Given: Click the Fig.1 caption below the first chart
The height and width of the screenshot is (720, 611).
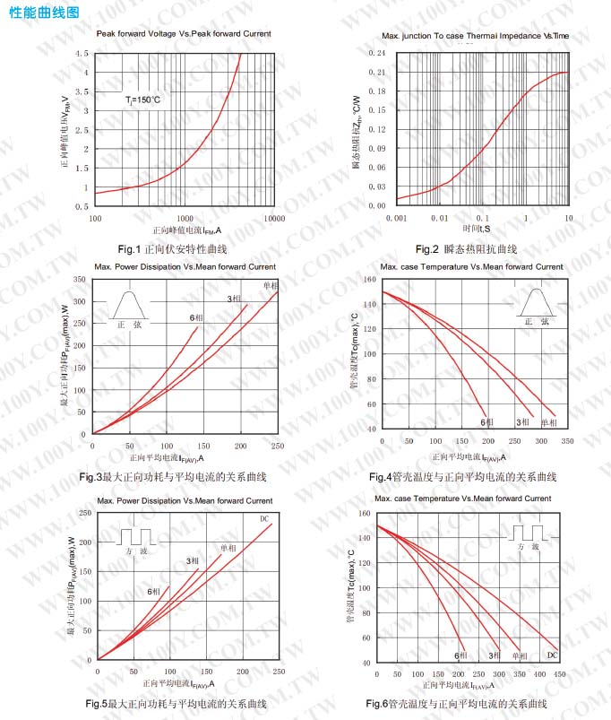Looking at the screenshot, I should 173,248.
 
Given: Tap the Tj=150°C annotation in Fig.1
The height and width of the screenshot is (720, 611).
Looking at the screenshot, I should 143,100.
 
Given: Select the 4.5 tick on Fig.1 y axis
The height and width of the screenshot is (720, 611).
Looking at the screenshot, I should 82,54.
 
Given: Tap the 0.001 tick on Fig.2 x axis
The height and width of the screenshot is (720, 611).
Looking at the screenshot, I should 396,218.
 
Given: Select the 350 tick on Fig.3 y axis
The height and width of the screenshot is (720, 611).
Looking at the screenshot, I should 80,280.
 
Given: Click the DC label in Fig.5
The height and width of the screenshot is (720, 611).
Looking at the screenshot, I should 264,519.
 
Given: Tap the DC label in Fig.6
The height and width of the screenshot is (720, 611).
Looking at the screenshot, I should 552,655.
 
